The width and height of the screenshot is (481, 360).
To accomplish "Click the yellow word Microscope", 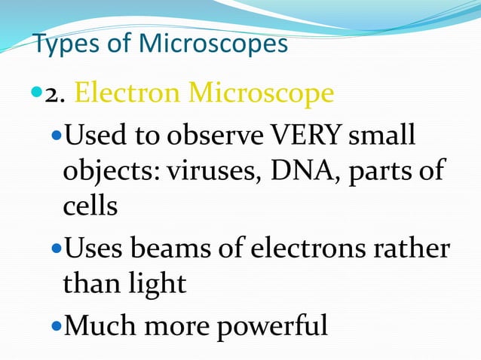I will coord(261,93).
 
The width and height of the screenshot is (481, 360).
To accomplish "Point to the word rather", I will coord(413,246).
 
